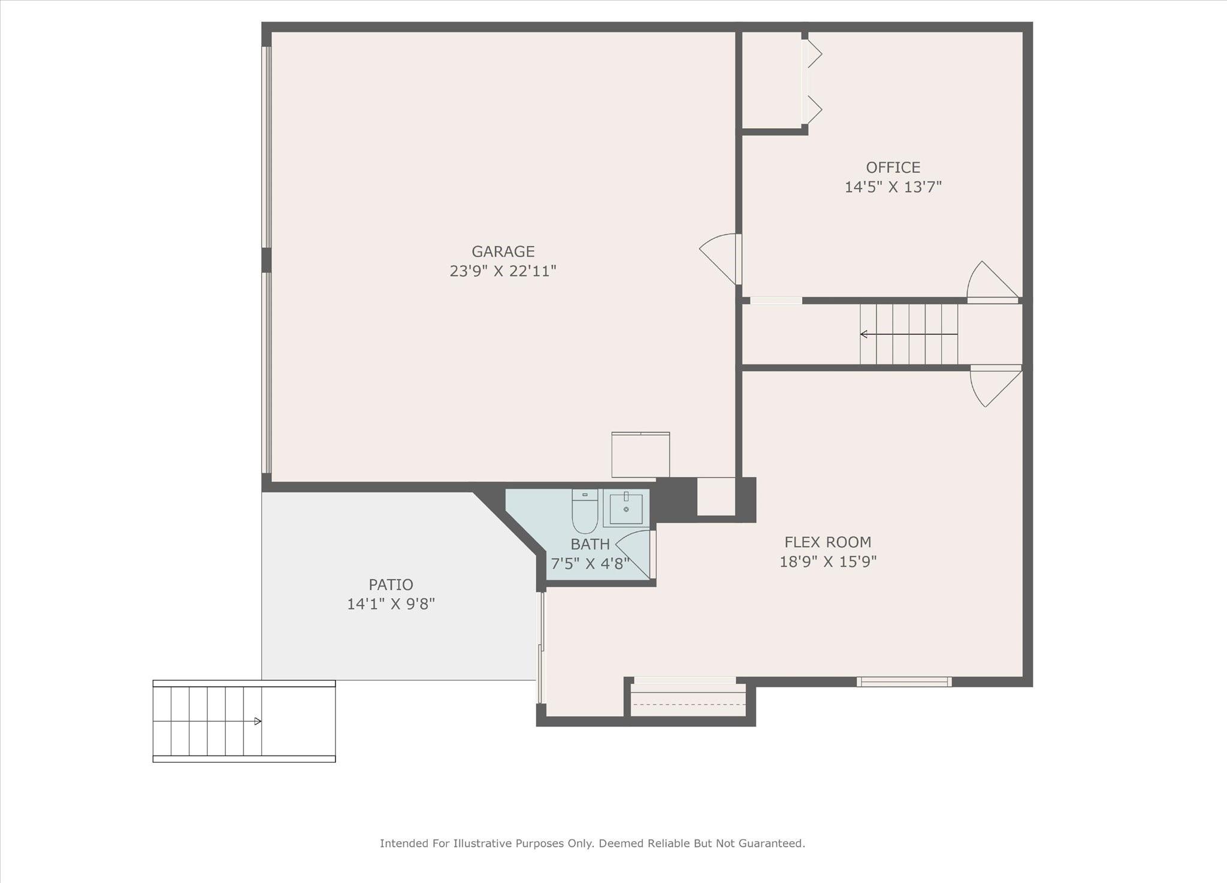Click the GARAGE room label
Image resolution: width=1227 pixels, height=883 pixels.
[x=503, y=251]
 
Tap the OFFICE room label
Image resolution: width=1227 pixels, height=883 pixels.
[x=893, y=168]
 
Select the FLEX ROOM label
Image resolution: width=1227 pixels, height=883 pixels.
[x=828, y=542]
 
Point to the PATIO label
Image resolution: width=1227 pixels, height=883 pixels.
[x=391, y=585]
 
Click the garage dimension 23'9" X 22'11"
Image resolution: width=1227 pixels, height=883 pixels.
[x=503, y=271]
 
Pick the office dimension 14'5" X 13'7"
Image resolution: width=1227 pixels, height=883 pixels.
[x=893, y=187]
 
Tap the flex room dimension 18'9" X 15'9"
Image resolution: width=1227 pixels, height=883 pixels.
[x=828, y=562]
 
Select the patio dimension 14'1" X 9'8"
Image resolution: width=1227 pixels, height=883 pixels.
[x=391, y=604]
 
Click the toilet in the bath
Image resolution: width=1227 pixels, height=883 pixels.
[x=585, y=511]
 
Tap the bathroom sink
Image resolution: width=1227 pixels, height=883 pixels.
[x=626, y=508]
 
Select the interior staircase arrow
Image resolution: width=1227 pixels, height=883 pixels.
[x=908, y=334]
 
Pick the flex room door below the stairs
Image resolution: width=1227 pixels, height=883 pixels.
[x=996, y=386]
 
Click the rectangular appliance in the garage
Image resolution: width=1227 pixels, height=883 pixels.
[x=640, y=454]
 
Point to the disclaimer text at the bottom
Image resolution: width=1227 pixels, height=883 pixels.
[x=593, y=843]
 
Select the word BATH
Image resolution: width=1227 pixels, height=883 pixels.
[x=590, y=544]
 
